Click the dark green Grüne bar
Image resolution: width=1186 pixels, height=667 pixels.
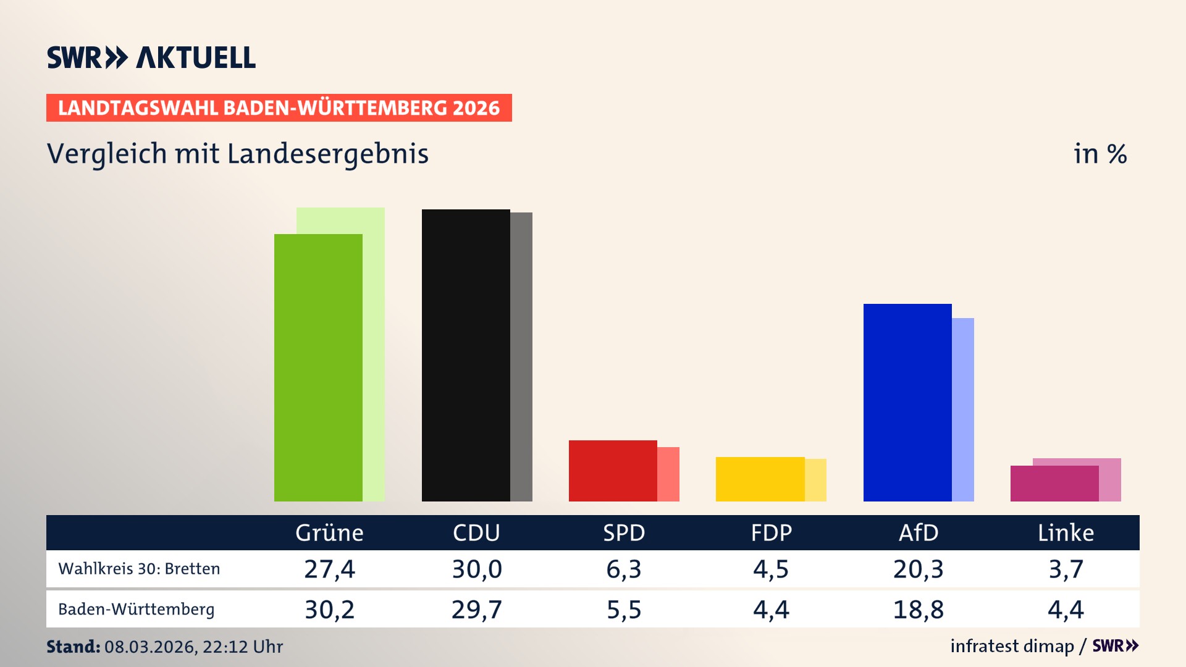point(318,367)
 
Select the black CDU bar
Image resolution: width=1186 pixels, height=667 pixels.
point(466,355)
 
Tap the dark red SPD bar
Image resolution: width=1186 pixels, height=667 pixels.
point(613,471)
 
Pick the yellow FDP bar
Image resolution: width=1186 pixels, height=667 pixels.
point(760,479)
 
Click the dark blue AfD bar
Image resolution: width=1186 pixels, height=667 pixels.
point(907,402)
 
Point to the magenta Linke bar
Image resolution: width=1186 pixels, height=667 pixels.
point(1054,484)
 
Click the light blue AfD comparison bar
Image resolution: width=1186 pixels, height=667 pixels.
point(963,409)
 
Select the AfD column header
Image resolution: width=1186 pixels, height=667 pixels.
point(919,532)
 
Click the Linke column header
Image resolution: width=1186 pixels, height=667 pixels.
point(1066,532)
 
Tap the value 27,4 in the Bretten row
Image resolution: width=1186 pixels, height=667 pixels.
point(329,569)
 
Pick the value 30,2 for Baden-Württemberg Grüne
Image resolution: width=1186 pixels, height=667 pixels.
point(329,610)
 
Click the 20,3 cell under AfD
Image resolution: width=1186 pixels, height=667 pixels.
point(919,569)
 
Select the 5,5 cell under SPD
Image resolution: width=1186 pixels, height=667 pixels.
point(624,610)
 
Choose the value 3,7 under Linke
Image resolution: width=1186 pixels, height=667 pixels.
point(1066,569)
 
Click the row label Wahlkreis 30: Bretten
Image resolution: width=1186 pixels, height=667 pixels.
point(139,569)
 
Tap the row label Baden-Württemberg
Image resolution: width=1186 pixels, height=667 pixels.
point(137,610)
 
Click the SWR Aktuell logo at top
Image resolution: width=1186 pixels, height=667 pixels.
point(151,57)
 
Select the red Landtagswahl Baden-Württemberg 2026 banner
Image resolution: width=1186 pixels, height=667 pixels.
point(279,108)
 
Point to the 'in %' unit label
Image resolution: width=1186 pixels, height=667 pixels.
point(1100,154)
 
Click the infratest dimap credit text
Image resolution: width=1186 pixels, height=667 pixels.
point(1012,646)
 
